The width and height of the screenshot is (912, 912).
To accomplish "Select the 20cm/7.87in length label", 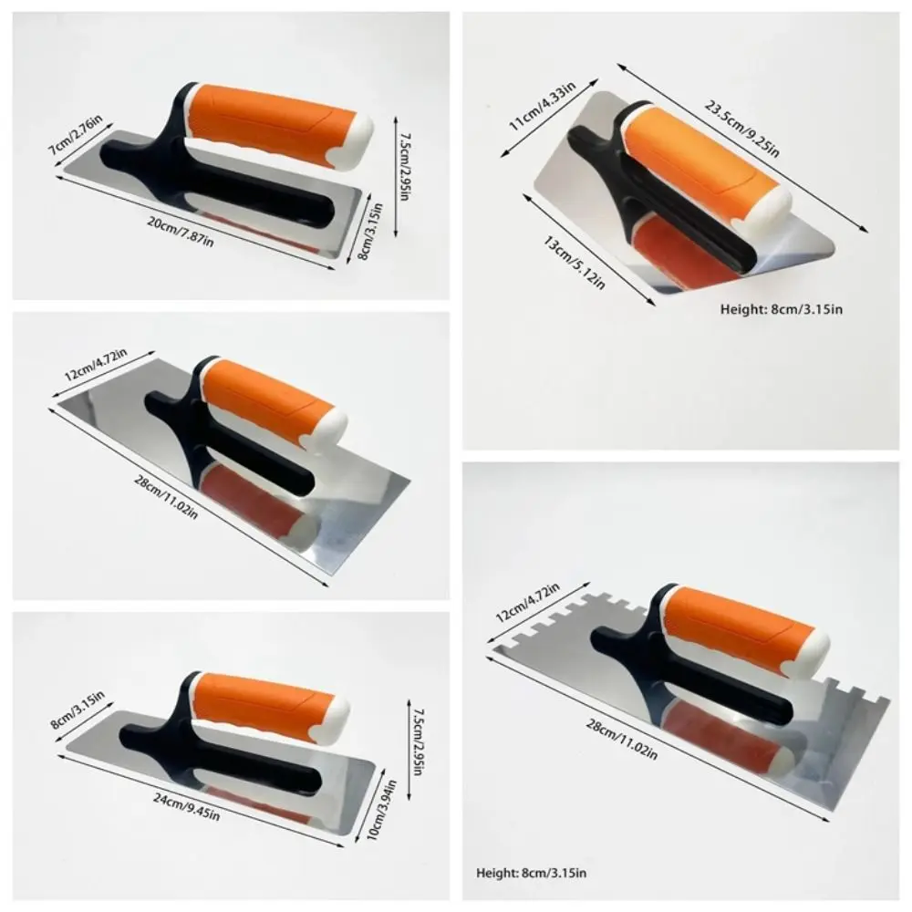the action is pos(181,231).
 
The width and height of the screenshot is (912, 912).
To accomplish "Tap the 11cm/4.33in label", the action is pos(542,107).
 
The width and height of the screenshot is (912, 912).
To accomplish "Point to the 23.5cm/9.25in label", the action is pos(742,129).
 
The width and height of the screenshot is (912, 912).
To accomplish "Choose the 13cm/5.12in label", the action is pos(574,262).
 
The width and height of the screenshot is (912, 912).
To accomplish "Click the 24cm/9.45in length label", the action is pos(186,807).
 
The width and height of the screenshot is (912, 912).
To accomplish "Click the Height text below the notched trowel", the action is pos(531,873).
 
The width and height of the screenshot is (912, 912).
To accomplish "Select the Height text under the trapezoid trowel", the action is pos(782,309).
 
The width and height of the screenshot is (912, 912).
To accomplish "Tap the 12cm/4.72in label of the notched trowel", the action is pos(527,603).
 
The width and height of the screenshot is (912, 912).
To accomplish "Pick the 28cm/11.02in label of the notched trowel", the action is pos(622,740).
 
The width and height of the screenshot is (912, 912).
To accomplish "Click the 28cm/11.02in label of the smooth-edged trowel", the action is pos(166,497).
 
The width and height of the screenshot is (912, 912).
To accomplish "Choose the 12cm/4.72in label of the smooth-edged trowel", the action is pos(96,365).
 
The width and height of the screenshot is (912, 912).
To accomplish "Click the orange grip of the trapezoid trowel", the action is pos(697,154).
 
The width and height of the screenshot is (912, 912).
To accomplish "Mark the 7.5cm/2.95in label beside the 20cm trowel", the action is pos(403,167).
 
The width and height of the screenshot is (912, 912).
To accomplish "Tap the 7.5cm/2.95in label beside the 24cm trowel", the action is pos(416,741).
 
